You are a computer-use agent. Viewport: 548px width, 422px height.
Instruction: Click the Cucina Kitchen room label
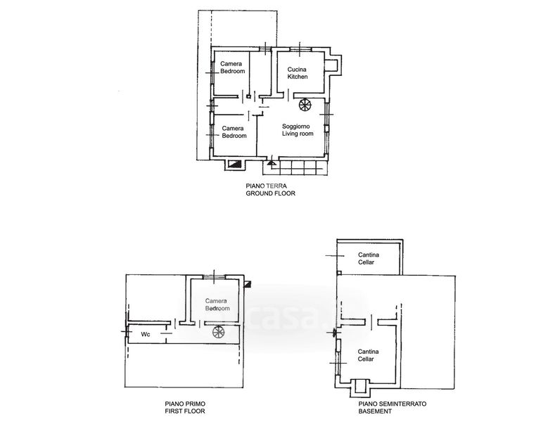(x=298, y=73)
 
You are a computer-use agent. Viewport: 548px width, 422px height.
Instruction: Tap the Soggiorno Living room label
(x=298, y=130)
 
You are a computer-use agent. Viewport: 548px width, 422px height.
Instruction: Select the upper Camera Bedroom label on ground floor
(x=232, y=68)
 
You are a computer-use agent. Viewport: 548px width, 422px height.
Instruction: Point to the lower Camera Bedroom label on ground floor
(x=234, y=132)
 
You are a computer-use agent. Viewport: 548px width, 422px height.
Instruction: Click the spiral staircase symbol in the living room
(x=305, y=105)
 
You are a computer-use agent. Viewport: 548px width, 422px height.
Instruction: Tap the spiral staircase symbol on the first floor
(x=219, y=331)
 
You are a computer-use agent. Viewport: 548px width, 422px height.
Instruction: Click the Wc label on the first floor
(x=146, y=334)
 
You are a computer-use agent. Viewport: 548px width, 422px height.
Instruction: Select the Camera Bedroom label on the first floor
(x=217, y=305)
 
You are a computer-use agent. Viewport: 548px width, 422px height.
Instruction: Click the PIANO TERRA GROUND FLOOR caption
(x=271, y=190)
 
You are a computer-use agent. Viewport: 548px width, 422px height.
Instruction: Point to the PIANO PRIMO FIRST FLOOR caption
(x=185, y=408)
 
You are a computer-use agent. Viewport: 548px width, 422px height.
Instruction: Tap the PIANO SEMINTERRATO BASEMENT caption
(x=393, y=408)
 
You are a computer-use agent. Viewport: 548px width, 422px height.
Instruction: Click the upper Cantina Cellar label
(x=369, y=259)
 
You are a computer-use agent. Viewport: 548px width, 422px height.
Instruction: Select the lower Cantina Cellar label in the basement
(x=368, y=355)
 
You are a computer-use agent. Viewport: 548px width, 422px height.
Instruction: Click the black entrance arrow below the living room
(x=272, y=162)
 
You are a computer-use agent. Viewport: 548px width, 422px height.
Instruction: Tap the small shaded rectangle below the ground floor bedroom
(x=234, y=164)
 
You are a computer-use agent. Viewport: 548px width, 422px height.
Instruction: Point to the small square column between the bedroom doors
(x=248, y=97)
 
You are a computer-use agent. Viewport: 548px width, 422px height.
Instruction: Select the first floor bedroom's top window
(x=215, y=277)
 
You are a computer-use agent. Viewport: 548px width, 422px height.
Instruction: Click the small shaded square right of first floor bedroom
(x=248, y=284)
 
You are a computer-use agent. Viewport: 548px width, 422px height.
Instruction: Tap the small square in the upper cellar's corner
(x=339, y=273)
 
